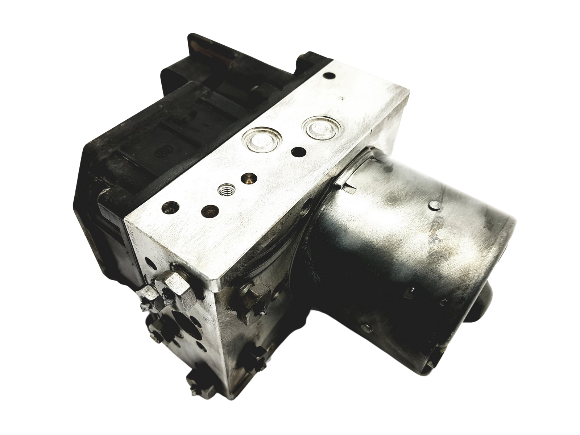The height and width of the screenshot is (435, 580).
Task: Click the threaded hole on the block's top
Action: click(227, 190)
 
